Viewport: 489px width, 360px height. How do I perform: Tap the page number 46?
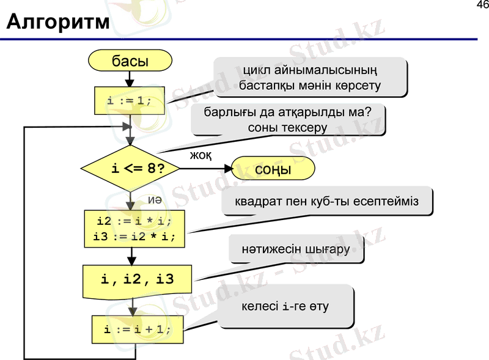pyautogui.click(x=482, y=6)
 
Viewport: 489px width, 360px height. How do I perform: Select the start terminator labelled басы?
pyautogui.click(x=130, y=61)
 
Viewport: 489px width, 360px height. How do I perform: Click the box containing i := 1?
pyautogui.click(x=130, y=100)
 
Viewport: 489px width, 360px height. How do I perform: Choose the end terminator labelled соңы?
pyautogui.click(x=273, y=169)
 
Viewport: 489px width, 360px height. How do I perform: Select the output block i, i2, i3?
pyautogui.click(x=137, y=281)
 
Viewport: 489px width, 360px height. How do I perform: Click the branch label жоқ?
pyautogui.click(x=200, y=156)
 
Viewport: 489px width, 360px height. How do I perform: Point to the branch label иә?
pyautogui.click(x=155, y=200)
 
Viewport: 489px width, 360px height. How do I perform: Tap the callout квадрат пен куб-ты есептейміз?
pyautogui.click(x=327, y=202)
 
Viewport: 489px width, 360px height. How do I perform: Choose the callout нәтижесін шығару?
pyautogui.click(x=295, y=249)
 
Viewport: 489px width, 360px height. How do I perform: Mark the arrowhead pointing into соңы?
pyautogui.click(x=227, y=169)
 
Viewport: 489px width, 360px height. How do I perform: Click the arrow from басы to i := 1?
pyautogui.click(x=130, y=78)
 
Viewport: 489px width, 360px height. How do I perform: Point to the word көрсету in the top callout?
pyautogui.click(x=357, y=86)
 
